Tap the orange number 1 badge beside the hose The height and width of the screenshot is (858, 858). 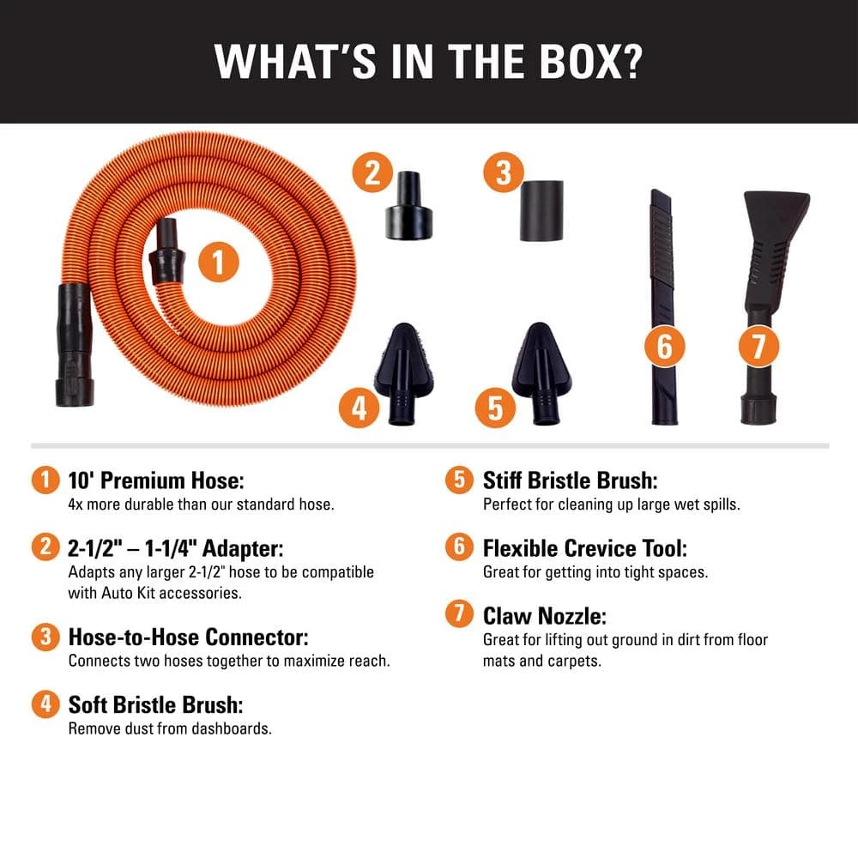tap(219, 263)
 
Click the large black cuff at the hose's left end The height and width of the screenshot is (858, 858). tap(71, 343)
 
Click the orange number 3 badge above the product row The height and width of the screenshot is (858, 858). tap(503, 172)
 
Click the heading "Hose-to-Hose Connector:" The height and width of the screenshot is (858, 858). tap(188, 637)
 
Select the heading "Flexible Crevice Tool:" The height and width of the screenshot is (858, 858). tap(585, 548)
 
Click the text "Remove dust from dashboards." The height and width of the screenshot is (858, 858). tap(170, 729)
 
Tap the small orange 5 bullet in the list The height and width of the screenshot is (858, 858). tap(458, 480)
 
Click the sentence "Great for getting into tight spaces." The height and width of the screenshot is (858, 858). tap(595, 572)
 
